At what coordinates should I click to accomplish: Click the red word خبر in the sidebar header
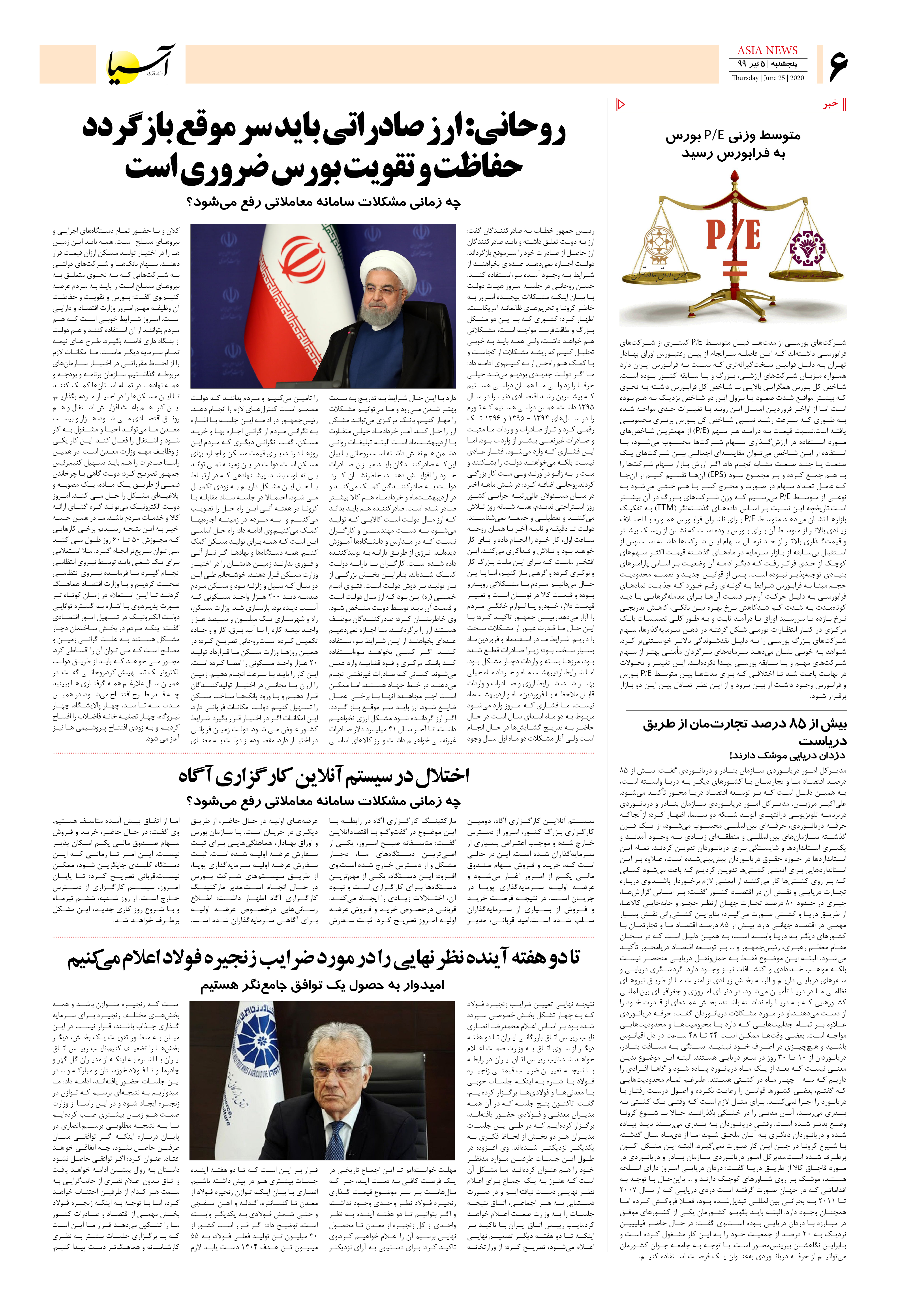(x=831, y=104)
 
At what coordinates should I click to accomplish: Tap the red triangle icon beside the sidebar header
(x=621, y=104)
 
